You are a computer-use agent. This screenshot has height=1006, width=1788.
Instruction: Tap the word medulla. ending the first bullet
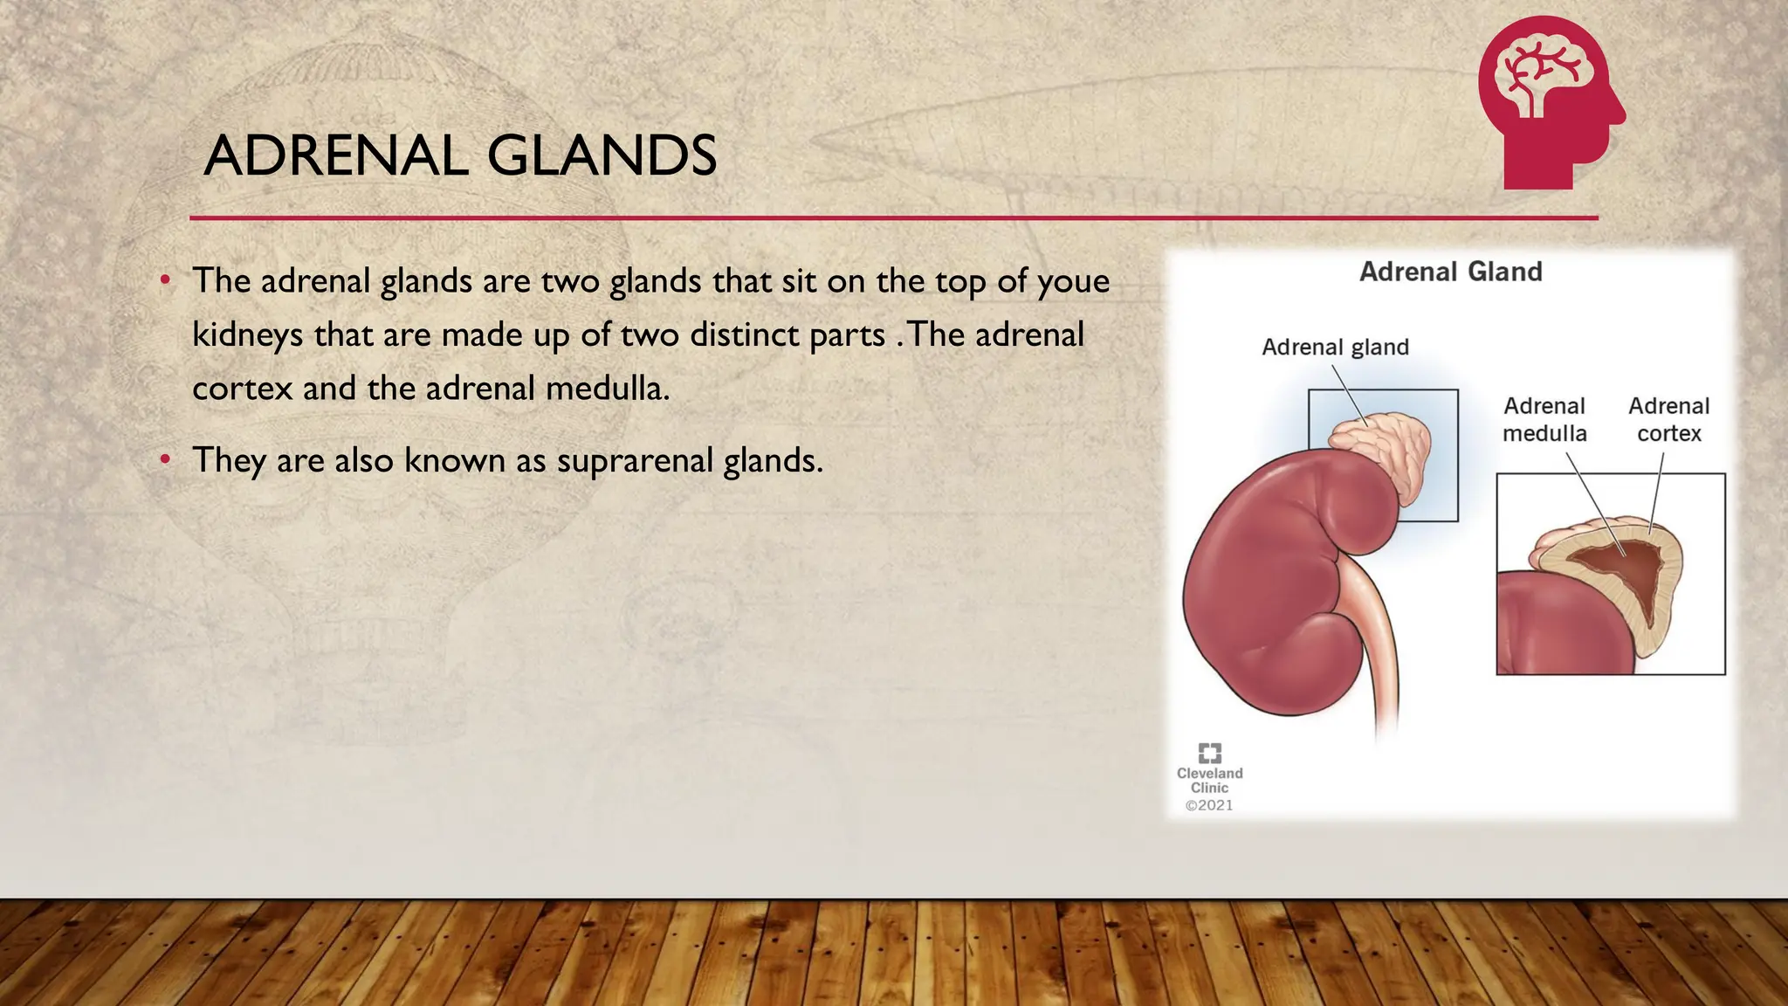608,389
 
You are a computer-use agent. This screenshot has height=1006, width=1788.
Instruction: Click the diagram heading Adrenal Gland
1450,272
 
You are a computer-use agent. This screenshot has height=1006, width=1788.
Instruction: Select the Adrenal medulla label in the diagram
1544,420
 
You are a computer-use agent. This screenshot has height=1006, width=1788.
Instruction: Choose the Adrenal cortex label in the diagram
1668,420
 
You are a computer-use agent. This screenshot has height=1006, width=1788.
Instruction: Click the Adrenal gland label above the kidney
1335,348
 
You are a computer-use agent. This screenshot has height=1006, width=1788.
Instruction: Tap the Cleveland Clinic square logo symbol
1210,753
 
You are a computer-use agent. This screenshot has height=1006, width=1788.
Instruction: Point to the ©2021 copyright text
1209,805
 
